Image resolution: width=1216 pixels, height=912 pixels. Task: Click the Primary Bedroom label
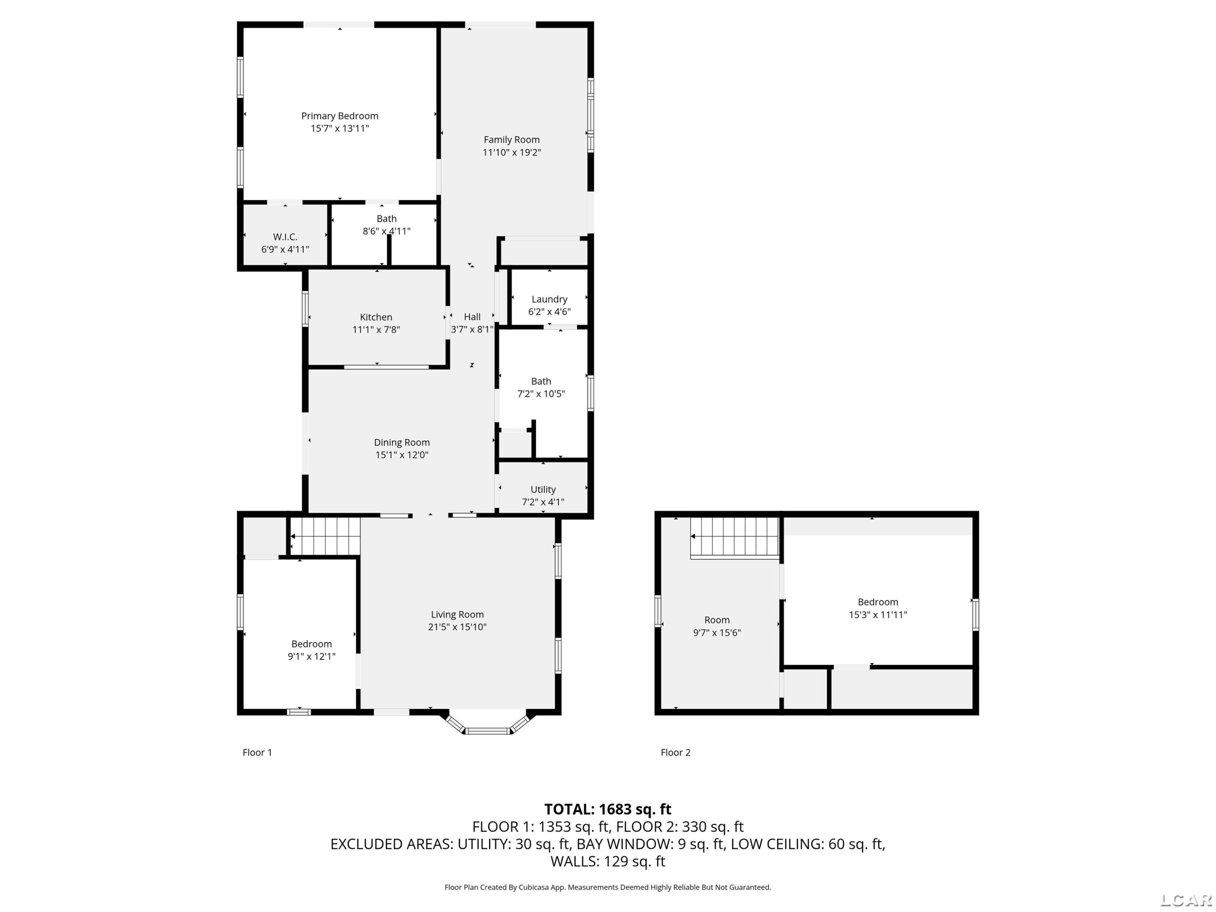(340, 116)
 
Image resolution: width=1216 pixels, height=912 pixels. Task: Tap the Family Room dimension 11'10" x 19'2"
(512, 152)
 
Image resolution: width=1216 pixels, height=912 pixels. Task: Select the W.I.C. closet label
(285, 237)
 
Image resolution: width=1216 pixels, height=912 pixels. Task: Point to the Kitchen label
(376, 317)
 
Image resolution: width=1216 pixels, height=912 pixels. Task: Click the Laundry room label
(549, 299)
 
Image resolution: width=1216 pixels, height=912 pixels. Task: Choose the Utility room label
(543, 489)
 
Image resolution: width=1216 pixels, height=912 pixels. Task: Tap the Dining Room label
(402, 443)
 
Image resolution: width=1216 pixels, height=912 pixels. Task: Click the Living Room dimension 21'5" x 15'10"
(457, 627)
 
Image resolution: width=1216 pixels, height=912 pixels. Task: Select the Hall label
(472, 317)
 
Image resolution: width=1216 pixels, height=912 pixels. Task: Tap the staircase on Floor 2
(735, 537)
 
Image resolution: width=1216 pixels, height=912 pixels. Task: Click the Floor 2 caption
(676, 753)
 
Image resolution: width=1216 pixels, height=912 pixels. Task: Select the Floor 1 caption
(257, 753)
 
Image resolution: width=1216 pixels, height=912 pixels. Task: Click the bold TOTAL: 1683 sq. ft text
(608, 809)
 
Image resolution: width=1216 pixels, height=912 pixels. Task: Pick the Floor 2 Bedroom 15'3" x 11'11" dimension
(878, 614)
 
